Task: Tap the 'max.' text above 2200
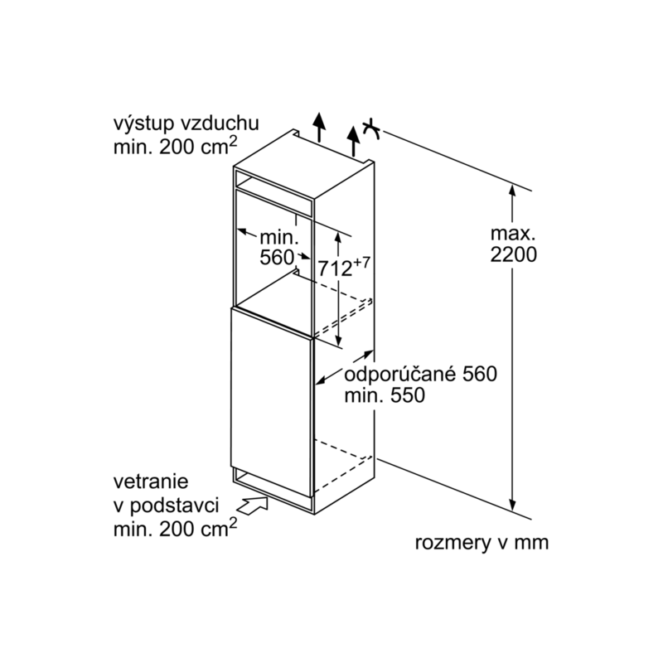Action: pyautogui.click(x=513, y=234)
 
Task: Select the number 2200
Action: pyautogui.click(x=513, y=254)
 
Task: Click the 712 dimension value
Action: pyautogui.click(x=335, y=268)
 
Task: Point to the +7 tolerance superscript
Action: pyautogui.click(x=361, y=263)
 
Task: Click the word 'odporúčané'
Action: pyautogui.click(x=401, y=375)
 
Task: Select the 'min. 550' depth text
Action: pyautogui.click(x=385, y=396)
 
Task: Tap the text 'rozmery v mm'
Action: pyautogui.click(x=482, y=543)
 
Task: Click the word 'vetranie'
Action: pyautogui.click(x=151, y=482)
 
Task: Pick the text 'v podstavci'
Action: pyautogui.click(x=167, y=506)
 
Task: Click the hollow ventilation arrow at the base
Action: pyautogui.click(x=253, y=506)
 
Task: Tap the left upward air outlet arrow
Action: pyautogui.click(x=319, y=127)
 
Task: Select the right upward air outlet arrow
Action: pyautogui.click(x=353, y=141)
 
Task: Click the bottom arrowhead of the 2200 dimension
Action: pyautogui.click(x=512, y=505)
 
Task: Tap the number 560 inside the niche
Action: pyautogui.click(x=277, y=258)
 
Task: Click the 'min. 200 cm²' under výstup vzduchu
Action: pyautogui.click(x=175, y=146)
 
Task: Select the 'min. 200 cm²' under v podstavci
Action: pyautogui.click(x=175, y=529)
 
